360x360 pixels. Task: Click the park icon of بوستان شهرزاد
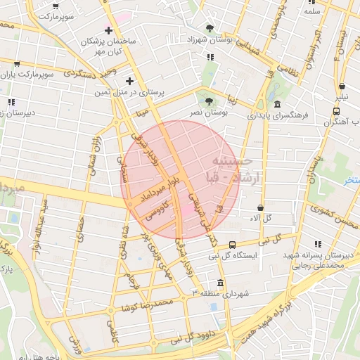[x=210, y=28]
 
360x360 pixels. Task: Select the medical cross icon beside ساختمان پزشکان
[x=108, y=31]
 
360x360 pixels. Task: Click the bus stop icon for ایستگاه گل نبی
[x=232, y=245]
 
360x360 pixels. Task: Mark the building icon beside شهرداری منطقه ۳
[x=221, y=284]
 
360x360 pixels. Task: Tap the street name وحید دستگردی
[x=88, y=75]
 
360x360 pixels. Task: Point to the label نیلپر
[x=340, y=94]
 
